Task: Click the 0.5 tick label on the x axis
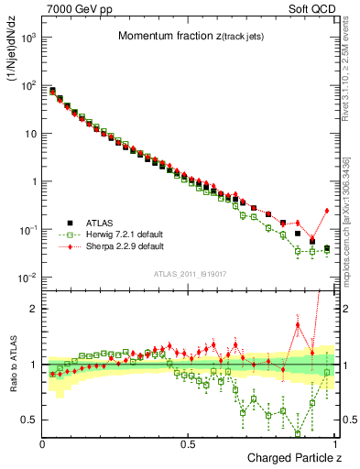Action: [x=188, y=442]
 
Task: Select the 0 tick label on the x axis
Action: [x=43, y=442]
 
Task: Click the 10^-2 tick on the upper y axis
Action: [x=28, y=278]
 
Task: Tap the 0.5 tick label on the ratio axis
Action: [x=28, y=420]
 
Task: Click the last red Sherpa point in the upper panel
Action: [x=327, y=210]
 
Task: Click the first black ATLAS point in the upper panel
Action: [x=52, y=91]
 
